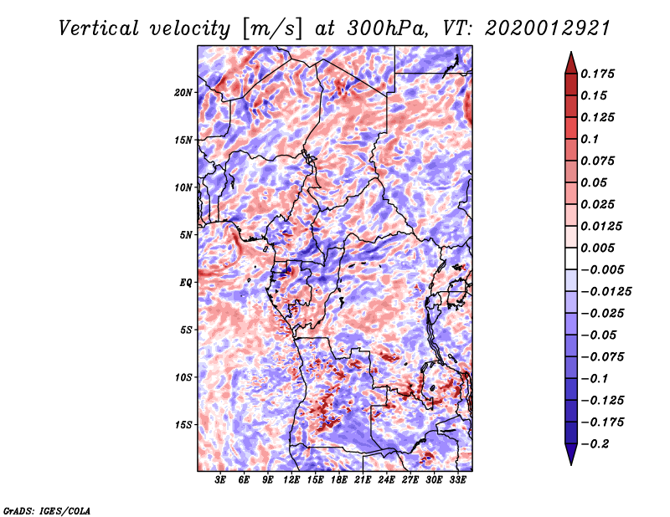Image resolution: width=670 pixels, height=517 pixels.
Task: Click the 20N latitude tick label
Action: (x=183, y=92)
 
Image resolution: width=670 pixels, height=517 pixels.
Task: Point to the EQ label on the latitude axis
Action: (x=186, y=283)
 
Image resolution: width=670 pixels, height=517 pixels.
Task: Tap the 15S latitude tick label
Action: (x=183, y=425)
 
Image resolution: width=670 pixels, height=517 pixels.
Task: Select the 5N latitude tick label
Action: (x=186, y=235)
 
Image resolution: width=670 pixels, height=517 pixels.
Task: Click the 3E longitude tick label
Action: (x=220, y=481)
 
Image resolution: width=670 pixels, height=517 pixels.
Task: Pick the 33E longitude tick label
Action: (x=458, y=481)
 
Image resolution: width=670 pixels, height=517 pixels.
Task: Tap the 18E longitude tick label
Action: (x=339, y=481)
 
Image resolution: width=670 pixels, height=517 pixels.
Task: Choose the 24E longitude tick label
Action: (x=387, y=481)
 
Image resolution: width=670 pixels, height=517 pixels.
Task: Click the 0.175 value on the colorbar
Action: (x=598, y=74)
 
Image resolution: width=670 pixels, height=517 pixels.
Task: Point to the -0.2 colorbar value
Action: (x=595, y=443)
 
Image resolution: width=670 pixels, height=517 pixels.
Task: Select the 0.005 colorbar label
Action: (x=598, y=248)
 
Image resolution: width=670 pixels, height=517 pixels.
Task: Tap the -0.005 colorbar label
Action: (x=601, y=269)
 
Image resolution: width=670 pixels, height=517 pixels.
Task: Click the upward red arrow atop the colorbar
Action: (x=569, y=61)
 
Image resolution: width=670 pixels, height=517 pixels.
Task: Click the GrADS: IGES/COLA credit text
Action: (x=46, y=509)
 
